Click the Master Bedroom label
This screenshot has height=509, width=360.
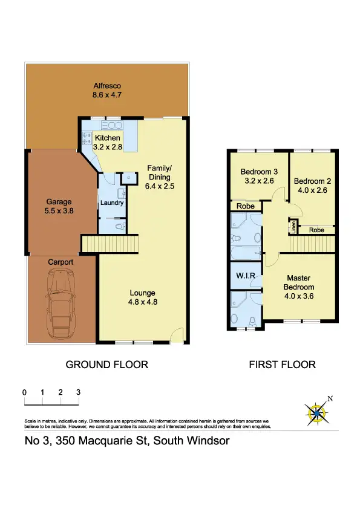[300, 287]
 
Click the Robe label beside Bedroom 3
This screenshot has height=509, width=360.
[246, 206]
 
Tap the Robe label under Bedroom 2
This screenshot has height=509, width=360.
[316, 230]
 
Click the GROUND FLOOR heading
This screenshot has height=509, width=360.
[106, 365]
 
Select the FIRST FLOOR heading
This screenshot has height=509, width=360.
[283, 365]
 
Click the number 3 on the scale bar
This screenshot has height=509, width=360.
[79, 392]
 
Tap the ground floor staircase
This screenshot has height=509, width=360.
[111, 244]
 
